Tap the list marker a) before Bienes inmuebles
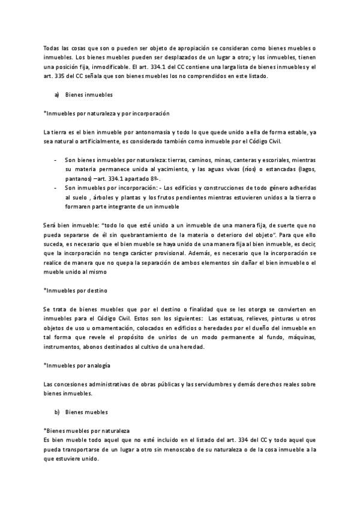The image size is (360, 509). coord(56,95)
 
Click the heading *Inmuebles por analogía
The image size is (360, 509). coord(77,365)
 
